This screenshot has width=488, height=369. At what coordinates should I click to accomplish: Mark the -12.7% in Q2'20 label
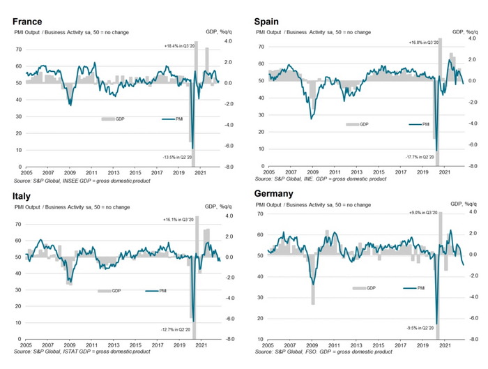[171, 330]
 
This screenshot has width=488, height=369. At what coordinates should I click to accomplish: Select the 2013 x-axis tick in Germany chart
[356, 346]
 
